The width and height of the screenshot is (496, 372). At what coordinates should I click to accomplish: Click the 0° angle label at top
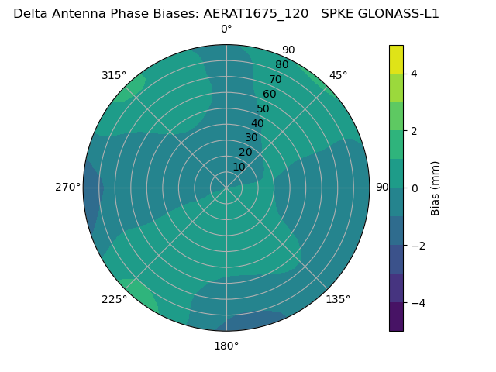[226, 29]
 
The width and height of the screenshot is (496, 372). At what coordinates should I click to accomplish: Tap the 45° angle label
[339, 75]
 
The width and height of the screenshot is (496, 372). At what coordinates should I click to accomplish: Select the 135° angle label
[338, 299]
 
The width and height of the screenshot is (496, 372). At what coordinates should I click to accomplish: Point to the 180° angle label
[226, 346]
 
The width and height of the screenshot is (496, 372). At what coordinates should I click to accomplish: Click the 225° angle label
[114, 300]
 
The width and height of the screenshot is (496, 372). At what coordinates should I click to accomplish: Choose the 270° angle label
[67, 188]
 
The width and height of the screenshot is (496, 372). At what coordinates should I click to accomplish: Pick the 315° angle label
[114, 75]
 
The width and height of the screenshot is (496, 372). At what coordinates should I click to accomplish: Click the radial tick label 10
[239, 167]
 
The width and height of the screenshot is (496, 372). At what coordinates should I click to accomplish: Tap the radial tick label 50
[263, 108]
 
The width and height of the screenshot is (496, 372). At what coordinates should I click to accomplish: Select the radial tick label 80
[281, 65]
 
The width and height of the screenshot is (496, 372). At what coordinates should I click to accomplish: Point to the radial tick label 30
[251, 138]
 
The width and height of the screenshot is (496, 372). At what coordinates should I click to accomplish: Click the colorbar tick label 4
[414, 74]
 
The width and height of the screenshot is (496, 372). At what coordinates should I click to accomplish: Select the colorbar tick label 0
[414, 188]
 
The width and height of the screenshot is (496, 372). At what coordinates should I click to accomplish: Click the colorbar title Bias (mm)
[436, 188]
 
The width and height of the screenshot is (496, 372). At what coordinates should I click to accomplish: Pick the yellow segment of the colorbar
[396, 60]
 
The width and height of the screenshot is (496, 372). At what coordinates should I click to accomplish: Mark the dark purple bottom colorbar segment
[396, 317]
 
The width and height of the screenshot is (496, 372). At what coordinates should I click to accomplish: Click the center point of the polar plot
[226, 188]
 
